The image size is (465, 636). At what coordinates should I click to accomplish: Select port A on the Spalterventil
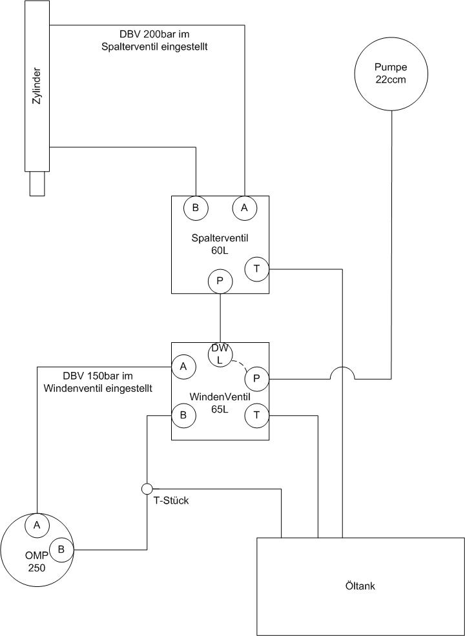coord(244,208)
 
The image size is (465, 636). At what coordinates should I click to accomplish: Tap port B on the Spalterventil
coord(196,208)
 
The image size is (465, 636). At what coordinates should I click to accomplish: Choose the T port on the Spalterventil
coord(257,269)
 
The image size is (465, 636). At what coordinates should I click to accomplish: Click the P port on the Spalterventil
coord(220,282)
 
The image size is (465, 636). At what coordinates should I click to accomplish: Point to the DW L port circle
coord(220,354)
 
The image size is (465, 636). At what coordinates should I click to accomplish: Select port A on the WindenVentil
coord(183,367)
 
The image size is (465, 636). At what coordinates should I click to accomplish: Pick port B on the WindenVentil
coord(183,415)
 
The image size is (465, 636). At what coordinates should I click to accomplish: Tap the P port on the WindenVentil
coord(257,379)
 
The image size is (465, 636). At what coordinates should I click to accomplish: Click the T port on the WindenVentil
coord(257,415)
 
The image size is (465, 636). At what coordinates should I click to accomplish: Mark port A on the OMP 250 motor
coord(37,525)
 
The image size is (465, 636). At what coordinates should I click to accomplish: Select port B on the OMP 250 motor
coord(61,549)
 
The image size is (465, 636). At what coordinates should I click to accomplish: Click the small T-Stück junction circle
coord(147,489)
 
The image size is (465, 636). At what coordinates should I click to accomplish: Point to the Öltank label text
coord(361,586)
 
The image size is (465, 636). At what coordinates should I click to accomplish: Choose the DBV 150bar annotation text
coord(98,382)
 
